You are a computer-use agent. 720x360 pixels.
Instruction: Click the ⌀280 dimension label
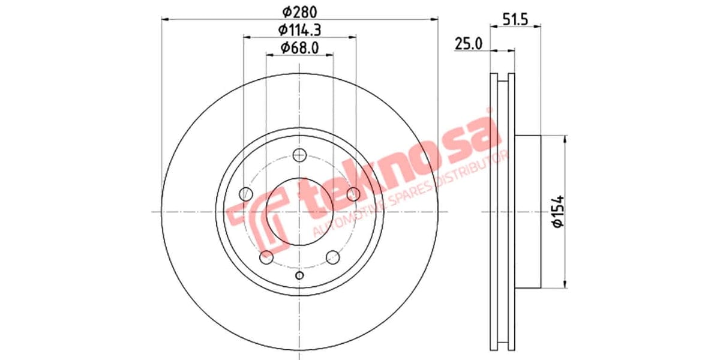tap(299, 11)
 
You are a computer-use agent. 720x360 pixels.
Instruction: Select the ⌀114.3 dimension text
tap(299, 29)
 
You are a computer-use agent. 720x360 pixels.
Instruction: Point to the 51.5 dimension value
tap(515, 19)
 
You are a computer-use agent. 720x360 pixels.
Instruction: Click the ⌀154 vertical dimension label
tap(557, 211)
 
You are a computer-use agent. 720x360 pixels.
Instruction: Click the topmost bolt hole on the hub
tap(299, 156)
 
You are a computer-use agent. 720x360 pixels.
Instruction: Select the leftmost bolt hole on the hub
tap(245, 194)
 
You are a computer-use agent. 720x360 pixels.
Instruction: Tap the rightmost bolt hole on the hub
tap(353, 193)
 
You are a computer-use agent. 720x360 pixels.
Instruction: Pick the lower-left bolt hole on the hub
tap(266, 258)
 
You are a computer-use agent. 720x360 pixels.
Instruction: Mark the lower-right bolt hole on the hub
tap(332, 258)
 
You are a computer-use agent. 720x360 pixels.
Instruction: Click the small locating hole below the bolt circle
tap(300, 275)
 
